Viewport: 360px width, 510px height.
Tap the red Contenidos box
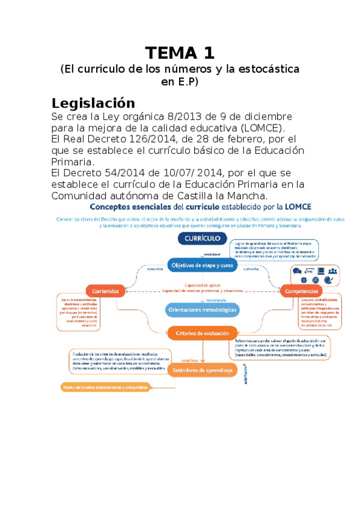(x=106, y=291)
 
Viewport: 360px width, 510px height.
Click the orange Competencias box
(x=303, y=291)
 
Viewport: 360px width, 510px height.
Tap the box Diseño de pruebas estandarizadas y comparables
(x=105, y=387)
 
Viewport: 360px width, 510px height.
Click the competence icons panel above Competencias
(x=313, y=275)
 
